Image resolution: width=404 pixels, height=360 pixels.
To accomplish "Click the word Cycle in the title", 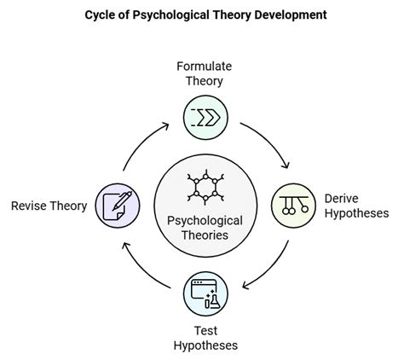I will coord(100,15).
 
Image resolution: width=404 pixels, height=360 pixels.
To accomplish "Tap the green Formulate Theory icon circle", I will coord(203,116).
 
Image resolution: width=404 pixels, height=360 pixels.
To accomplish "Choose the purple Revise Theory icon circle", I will coord(114,204).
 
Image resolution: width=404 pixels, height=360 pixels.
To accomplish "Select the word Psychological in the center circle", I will coord(203,220).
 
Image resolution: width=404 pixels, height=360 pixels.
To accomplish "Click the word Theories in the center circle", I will coord(203,235).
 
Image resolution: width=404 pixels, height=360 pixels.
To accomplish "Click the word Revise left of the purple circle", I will coord(27,206).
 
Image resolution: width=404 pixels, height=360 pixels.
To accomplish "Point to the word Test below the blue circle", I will coord(203,330).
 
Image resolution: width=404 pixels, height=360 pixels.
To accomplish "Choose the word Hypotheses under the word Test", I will coord(203,345).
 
